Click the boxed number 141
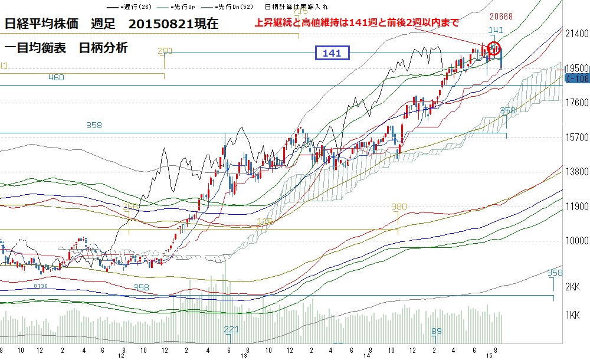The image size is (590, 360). [x=332, y=53]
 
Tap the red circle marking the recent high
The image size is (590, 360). [x=494, y=48]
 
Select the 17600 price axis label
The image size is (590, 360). [x=576, y=102]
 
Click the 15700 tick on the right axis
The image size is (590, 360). [x=576, y=137]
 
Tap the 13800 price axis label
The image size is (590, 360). [x=576, y=171]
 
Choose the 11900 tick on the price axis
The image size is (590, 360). [x=576, y=207]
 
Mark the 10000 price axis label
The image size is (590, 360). [x=576, y=241]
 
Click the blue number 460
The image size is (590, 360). [x=55, y=77]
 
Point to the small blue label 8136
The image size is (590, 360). [x=40, y=286]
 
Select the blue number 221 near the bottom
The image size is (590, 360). [x=231, y=329]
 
